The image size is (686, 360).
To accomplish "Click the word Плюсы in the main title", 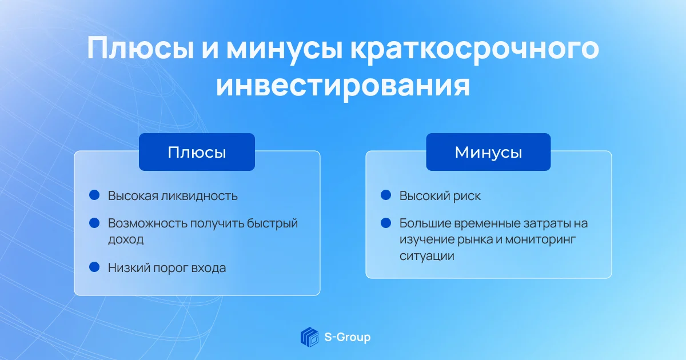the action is pos(141,49).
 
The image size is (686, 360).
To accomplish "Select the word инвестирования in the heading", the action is pos(343,86).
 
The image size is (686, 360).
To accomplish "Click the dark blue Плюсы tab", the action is pos(197,152).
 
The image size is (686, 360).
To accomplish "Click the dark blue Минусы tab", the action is pos(488,152).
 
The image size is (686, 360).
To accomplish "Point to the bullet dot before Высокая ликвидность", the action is pos(94,195).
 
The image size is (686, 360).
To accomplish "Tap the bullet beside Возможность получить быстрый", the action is pos(94,223).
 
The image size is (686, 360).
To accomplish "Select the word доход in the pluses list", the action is pos(126,239).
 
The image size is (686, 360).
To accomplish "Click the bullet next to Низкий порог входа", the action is pos(94,267).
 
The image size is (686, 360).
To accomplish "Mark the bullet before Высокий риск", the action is pos(386,195).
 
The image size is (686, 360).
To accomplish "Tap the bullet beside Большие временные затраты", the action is pos(386,223).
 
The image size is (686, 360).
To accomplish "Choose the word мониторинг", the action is pos(541,240).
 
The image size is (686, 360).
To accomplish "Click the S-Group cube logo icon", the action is pos(310,337).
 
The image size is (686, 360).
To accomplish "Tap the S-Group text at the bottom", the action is pos(348,337).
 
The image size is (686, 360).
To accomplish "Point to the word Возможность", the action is pos(147,223).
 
